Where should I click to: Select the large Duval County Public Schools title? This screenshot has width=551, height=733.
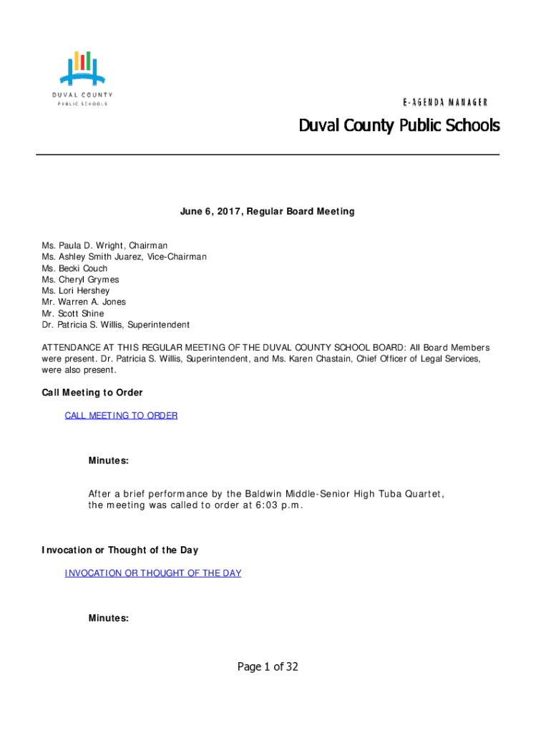[x=399, y=127]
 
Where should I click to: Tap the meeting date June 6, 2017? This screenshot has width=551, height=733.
[x=210, y=212]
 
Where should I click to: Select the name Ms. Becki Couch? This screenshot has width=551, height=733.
[x=74, y=268]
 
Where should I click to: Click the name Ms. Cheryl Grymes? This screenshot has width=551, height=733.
[x=80, y=280]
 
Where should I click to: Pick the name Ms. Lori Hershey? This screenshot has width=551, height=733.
[x=76, y=291]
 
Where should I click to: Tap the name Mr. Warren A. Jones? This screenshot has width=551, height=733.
[x=84, y=302]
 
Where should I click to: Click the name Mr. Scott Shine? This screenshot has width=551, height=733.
[x=73, y=314]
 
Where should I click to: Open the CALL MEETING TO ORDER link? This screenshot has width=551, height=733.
[x=121, y=416]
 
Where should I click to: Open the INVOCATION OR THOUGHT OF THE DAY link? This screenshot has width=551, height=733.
[x=153, y=573]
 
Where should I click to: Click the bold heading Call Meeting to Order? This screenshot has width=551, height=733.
[x=92, y=393]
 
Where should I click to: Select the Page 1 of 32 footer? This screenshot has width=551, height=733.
[x=268, y=667]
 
